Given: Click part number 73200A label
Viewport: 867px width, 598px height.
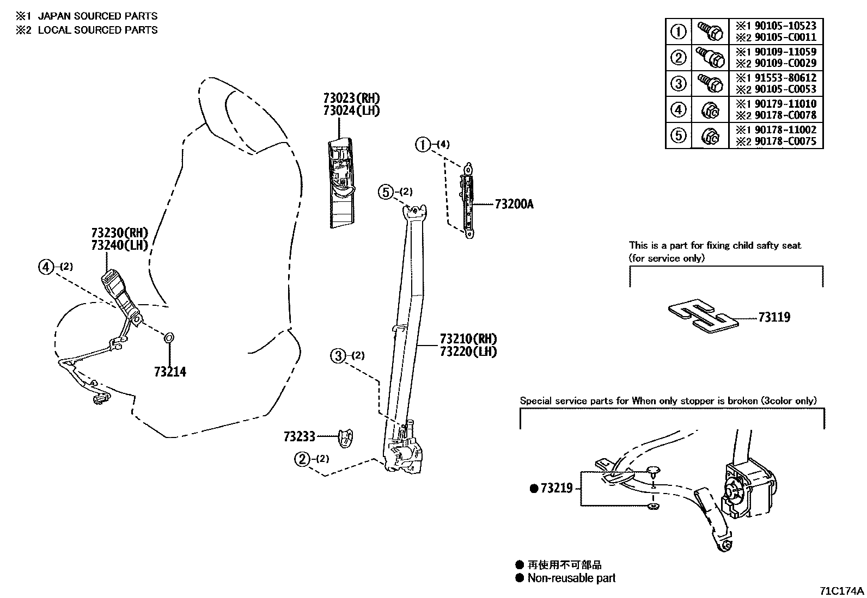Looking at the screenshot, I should (514, 205).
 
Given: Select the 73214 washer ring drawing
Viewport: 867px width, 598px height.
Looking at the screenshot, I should (169, 338).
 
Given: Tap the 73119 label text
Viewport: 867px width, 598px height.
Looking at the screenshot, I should (774, 317).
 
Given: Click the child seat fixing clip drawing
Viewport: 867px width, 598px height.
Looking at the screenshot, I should (703, 316).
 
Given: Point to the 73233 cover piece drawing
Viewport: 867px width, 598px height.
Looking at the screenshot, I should (345, 437).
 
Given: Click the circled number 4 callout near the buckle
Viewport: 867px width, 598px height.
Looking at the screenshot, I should (46, 267).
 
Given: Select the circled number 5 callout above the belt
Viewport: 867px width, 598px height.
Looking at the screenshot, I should (386, 192).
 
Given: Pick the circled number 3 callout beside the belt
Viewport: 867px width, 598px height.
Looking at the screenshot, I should (338, 356).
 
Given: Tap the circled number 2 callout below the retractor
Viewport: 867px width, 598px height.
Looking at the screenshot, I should (302, 459).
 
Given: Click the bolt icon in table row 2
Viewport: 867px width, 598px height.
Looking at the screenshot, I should (710, 57).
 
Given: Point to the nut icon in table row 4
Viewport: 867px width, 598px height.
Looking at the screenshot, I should (710, 110).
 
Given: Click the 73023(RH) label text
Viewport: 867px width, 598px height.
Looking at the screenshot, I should (351, 98).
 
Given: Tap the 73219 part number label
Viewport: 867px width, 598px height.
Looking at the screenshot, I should (556, 489).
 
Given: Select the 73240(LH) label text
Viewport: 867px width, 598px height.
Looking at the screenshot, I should (120, 245).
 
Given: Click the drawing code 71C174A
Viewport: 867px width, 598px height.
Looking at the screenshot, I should (842, 591).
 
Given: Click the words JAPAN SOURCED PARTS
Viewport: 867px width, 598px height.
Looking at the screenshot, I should (97, 16).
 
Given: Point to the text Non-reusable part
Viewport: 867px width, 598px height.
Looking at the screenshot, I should (571, 578).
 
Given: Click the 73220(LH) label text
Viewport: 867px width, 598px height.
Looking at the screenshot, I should (468, 352).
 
